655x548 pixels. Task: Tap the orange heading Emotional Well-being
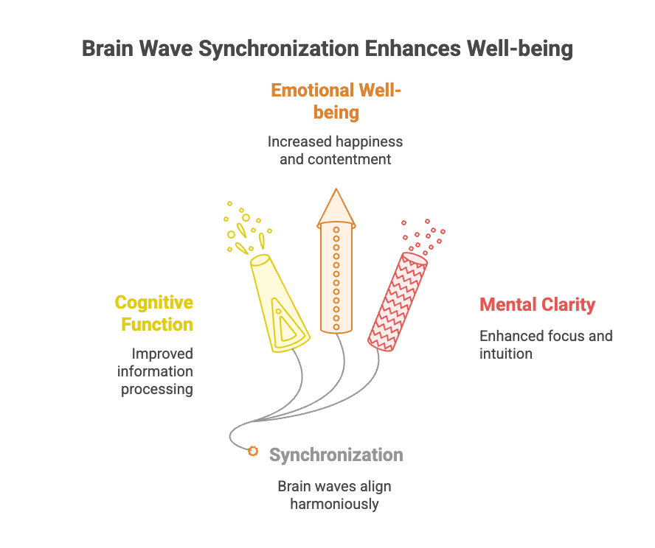[x=336, y=101]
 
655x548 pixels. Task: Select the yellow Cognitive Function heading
[x=153, y=314]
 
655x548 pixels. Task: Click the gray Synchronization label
[x=336, y=454]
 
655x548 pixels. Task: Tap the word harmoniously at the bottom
[x=334, y=505]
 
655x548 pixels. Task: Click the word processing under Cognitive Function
[x=158, y=390]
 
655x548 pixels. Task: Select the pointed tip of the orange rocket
[x=336, y=193]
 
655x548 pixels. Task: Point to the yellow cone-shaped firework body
[x=279, y=302]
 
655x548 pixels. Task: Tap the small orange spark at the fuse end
[x=253, y=451]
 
